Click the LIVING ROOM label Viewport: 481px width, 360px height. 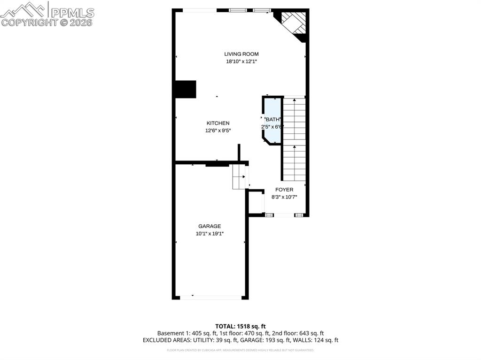(x=241, y=54)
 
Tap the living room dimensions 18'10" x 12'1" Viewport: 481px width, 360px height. (x=241, y=61)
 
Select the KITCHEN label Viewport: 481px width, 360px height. (x=218, y=123)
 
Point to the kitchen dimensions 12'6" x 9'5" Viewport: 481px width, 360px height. (x=218, y=130)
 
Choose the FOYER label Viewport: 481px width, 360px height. (x=284, y=190)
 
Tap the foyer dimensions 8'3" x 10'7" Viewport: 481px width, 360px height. (x=284, y=197)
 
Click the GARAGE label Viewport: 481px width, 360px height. (x=209, y=226)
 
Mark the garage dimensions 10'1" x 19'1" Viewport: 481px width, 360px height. (x=209, y=234)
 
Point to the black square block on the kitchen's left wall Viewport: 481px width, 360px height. (x=185, y=89)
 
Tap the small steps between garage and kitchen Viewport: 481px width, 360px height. (x=239, y=177)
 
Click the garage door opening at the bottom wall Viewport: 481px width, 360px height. (x=210, y=297)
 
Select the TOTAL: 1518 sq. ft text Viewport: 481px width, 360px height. (x=240, y=326)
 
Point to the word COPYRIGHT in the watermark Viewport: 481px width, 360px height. (x=30, y=22)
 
